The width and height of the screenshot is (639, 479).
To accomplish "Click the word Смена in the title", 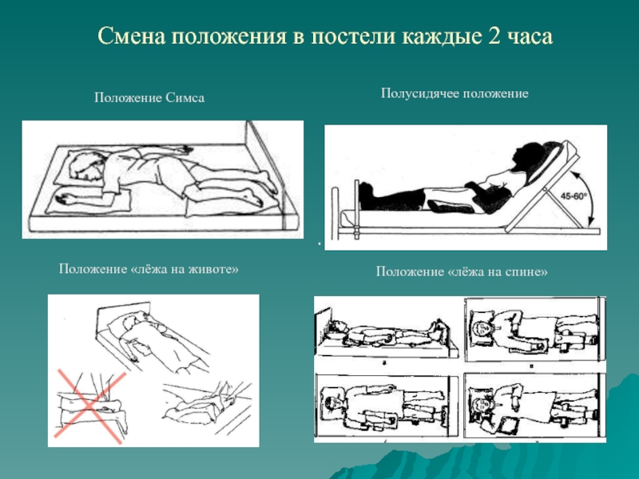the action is coord(132,36).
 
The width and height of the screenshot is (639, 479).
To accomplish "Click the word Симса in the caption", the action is coord(185,97).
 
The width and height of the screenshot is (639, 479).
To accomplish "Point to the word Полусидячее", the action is coord(420,93).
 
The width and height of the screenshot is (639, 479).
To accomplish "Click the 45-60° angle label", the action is coord(574,196).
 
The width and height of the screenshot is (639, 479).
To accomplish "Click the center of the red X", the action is coord(90,406).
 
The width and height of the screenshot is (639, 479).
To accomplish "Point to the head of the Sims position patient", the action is coord(85,166).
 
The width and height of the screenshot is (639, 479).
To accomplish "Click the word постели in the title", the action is coord(354,36).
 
